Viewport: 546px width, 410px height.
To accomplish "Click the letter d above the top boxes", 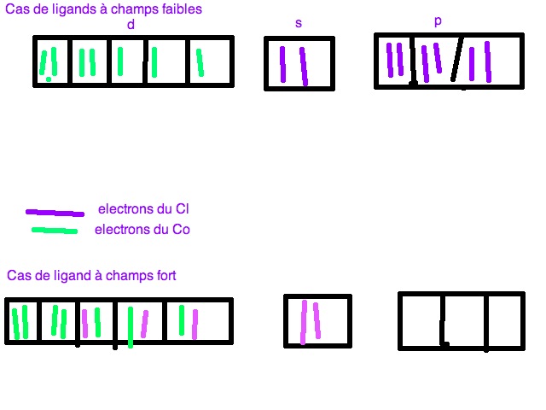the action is point(131,25).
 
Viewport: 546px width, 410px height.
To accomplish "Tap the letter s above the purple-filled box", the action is point(298,23).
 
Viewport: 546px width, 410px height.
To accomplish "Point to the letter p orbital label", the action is point(438,20).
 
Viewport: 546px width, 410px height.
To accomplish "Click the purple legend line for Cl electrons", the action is point(55,212).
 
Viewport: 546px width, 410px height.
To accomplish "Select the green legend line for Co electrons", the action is point(55,230).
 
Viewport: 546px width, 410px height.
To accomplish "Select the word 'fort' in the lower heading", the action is point(163,276).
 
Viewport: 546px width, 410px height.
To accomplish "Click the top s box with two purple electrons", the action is point(299,63).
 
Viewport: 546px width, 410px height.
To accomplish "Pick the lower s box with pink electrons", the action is point(317,321).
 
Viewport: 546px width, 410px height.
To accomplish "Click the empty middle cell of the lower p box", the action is point(464,321).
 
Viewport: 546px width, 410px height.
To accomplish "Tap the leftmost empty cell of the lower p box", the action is point(421,321).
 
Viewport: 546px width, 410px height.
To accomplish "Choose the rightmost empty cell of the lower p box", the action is point(504,321).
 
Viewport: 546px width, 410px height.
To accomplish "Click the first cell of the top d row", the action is point(53,61).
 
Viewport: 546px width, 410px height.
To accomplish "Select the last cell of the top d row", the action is point(210,61).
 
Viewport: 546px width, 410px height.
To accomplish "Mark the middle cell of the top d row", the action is point(127,61).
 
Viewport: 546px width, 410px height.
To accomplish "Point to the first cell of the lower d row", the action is point(24,321).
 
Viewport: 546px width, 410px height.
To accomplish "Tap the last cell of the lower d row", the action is point(197,321).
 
